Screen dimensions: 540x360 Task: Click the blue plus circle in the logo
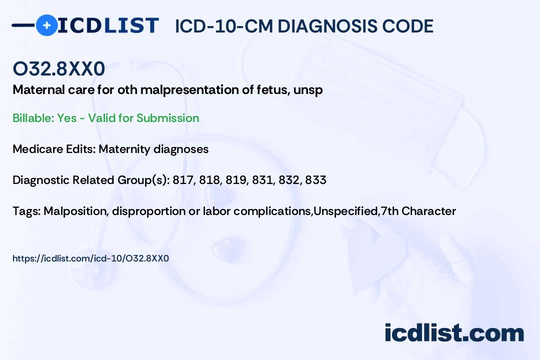[x=46, y=25]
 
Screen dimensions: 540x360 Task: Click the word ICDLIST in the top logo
[x=108, y=25]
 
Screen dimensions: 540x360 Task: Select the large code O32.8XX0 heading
[x=59, y=68]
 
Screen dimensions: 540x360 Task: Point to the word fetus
[x=273, y=90]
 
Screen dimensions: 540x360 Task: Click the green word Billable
[x=33, y=118]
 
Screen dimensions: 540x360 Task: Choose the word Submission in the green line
[x=167, y=118]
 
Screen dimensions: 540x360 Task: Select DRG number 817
[x=183, y=180]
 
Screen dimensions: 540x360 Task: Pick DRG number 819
[x=236, y=180]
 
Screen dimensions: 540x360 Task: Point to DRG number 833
[x=316, y=180]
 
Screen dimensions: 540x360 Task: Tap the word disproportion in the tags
[x=149, y=211]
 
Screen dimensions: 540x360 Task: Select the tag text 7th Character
[x=418, y=211]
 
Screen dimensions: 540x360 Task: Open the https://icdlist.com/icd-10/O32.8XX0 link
[x=90, y=258]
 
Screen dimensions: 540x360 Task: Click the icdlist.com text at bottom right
[x=454, y=333]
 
